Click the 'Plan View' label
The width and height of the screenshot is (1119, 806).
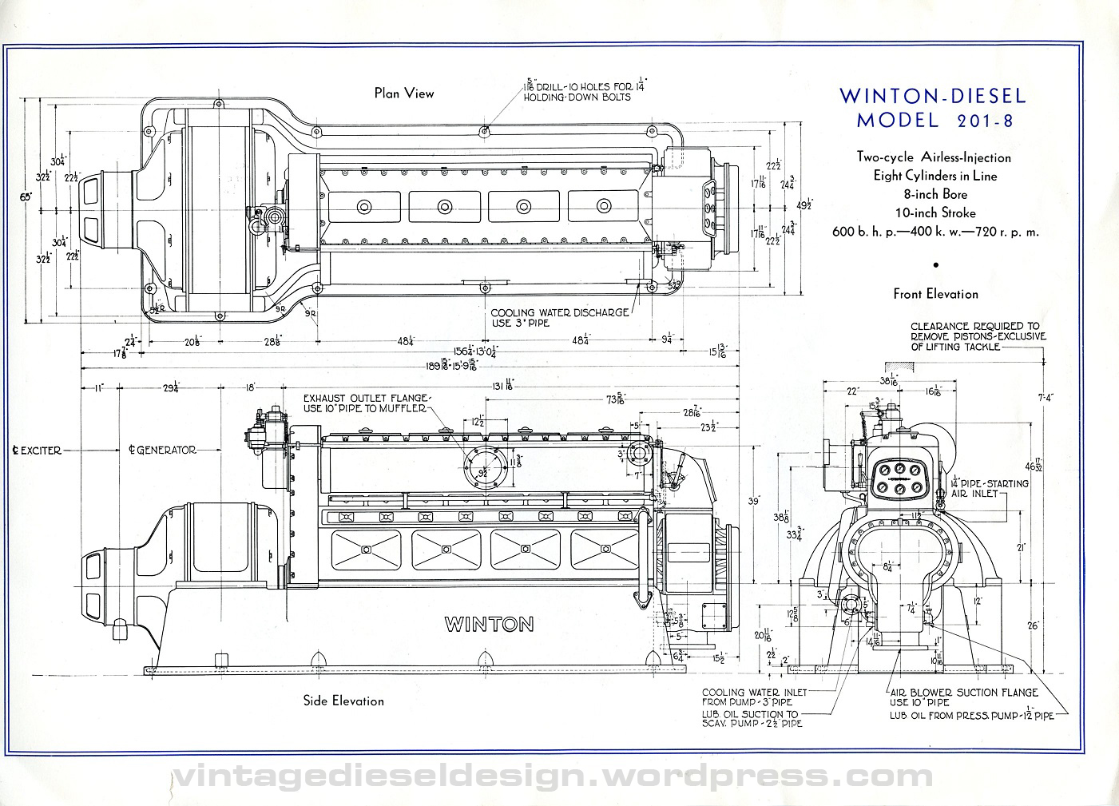404,93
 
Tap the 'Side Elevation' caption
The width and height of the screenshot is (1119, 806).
343,701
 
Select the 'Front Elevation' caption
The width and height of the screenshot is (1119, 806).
935,294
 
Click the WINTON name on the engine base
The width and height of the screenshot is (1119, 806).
489,624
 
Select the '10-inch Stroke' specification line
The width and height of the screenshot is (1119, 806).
935,212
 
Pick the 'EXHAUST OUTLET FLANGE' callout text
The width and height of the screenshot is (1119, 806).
367,398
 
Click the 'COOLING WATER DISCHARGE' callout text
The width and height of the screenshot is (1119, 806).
559,312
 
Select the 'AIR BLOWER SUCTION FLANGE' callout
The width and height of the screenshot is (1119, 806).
964,693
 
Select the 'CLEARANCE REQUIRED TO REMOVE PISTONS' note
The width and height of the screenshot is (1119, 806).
978,336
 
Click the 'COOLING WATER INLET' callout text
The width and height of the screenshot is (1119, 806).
754,693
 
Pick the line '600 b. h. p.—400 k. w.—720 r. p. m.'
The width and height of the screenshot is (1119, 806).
935,232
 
